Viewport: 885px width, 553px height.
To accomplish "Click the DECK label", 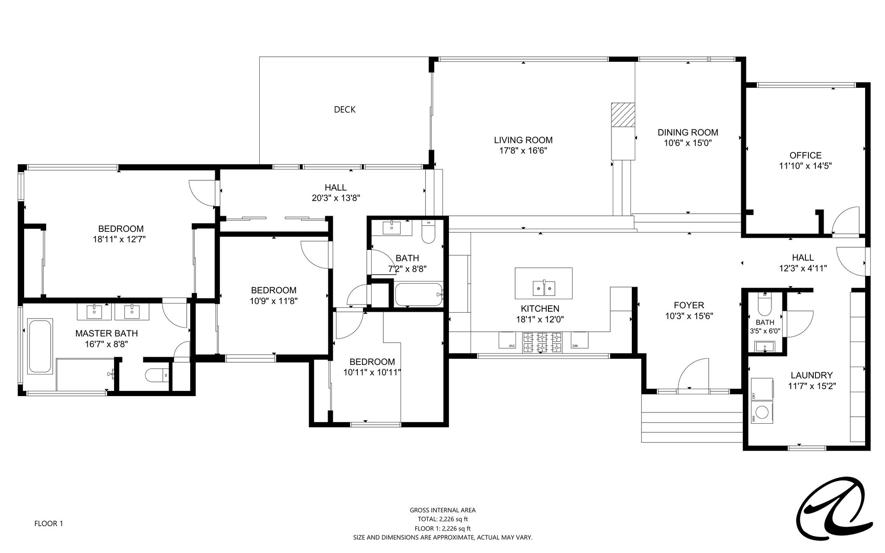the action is pyautogui.click(x=345, y=110).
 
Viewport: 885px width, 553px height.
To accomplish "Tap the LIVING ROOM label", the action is pyautogui.click(x=523, y=140).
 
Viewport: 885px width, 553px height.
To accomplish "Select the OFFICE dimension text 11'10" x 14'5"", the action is pyautogui.click(x=805, y=165).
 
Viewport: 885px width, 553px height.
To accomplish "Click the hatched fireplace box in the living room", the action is pyautogui.click(x=623, y=115).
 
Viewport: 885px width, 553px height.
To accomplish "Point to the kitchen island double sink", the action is pyautogui.click(x=544, y=288).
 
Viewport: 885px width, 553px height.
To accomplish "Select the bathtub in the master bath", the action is pyautogui.click(x=40, y=346).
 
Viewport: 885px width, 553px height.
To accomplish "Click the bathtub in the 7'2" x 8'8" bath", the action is pyautogui.click(x=419, y=294).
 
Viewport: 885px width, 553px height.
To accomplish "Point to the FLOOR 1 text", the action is pyautogui.click(x=49, y=524).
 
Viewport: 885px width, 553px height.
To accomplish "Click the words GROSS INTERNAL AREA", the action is pyautogui.click(x=442, y=510).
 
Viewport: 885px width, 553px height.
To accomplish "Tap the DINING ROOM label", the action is pyautogui.click(x=688, y=132).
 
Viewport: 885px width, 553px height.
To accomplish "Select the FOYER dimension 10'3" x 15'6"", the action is pyautogui.click(x=689, y=316).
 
